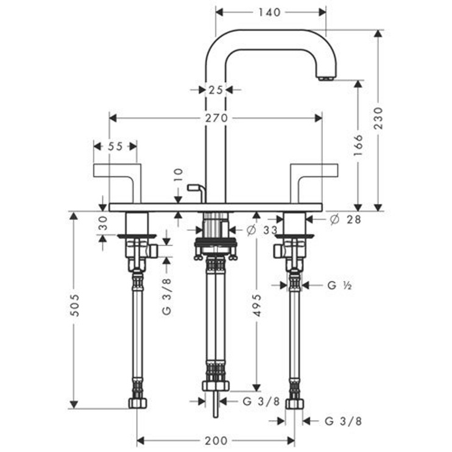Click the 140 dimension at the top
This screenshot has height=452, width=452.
[x=269, y=12]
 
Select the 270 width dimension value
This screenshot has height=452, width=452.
[x=216, y=118]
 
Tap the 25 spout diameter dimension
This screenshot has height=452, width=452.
[x=216, y=90]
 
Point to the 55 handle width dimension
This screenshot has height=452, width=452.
[x=115, y=146]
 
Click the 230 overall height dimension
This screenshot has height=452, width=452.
[x=378, y=118]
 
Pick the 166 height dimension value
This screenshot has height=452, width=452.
[x=358, y=145]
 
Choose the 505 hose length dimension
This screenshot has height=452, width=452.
[x=74, y=305]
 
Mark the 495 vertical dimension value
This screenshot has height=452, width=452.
[x=256, y=305]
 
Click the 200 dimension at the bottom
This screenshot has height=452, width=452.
[x=216, y=440]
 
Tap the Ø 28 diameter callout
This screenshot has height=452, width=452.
[x=345, y=219]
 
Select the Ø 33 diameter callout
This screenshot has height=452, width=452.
[x=262, y=230]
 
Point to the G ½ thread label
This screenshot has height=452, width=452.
[x=340, y=285]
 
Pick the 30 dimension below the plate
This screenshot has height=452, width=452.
[x=103, y=223]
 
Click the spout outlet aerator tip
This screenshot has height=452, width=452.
[x=326, y=78]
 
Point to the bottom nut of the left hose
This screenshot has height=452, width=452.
[x=138, y=403]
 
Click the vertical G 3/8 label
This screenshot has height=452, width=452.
[x=167, y=296]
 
